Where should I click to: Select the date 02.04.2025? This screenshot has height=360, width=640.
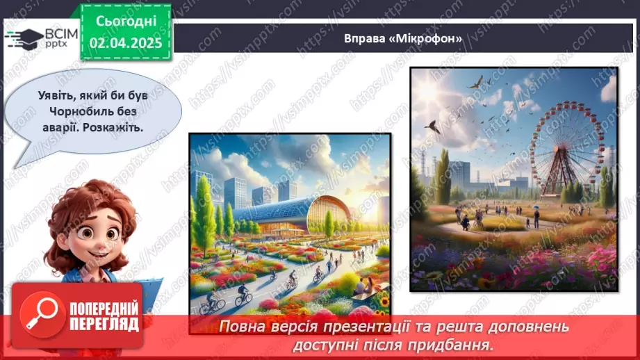coord(126,43)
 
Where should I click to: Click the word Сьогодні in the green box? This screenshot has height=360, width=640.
coord(126,21)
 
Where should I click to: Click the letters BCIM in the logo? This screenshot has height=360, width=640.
coord(61,33)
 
